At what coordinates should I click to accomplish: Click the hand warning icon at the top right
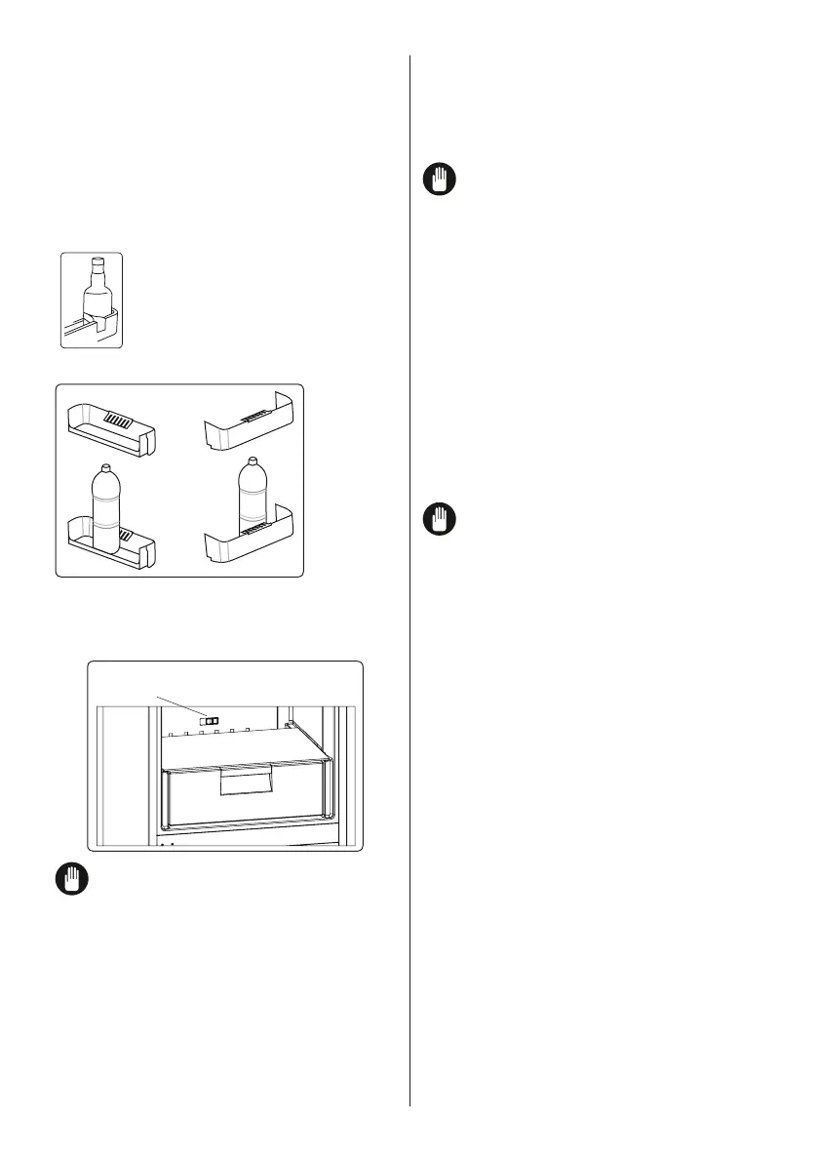click(x=440, y=180)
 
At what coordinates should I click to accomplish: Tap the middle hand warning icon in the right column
click(x=440, y=518)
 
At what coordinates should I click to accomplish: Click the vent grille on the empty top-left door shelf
click(x=117, y=421)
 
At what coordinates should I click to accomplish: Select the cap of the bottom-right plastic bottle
click(x=253, y=461)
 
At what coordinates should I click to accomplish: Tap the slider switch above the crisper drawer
click(x=210, y=720)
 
